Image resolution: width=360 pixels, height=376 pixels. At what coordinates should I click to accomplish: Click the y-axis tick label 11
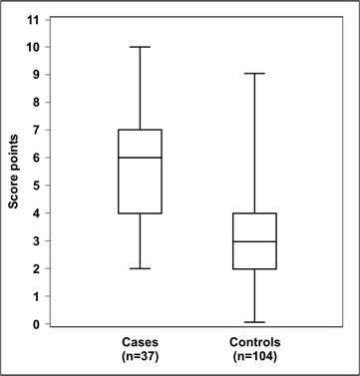pos(35,19)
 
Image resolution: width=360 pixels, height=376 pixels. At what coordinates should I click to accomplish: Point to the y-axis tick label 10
pos(35,47)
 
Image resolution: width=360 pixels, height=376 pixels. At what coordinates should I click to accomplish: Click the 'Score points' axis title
pos(14,171)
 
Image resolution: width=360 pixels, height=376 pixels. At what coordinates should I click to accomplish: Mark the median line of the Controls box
pos(253,241)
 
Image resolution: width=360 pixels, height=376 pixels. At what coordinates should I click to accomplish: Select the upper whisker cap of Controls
pos(253,74)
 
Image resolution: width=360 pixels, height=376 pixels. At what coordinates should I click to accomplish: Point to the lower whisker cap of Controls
pos(253,322)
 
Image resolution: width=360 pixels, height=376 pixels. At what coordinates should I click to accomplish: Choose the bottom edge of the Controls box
pos(253,268)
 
